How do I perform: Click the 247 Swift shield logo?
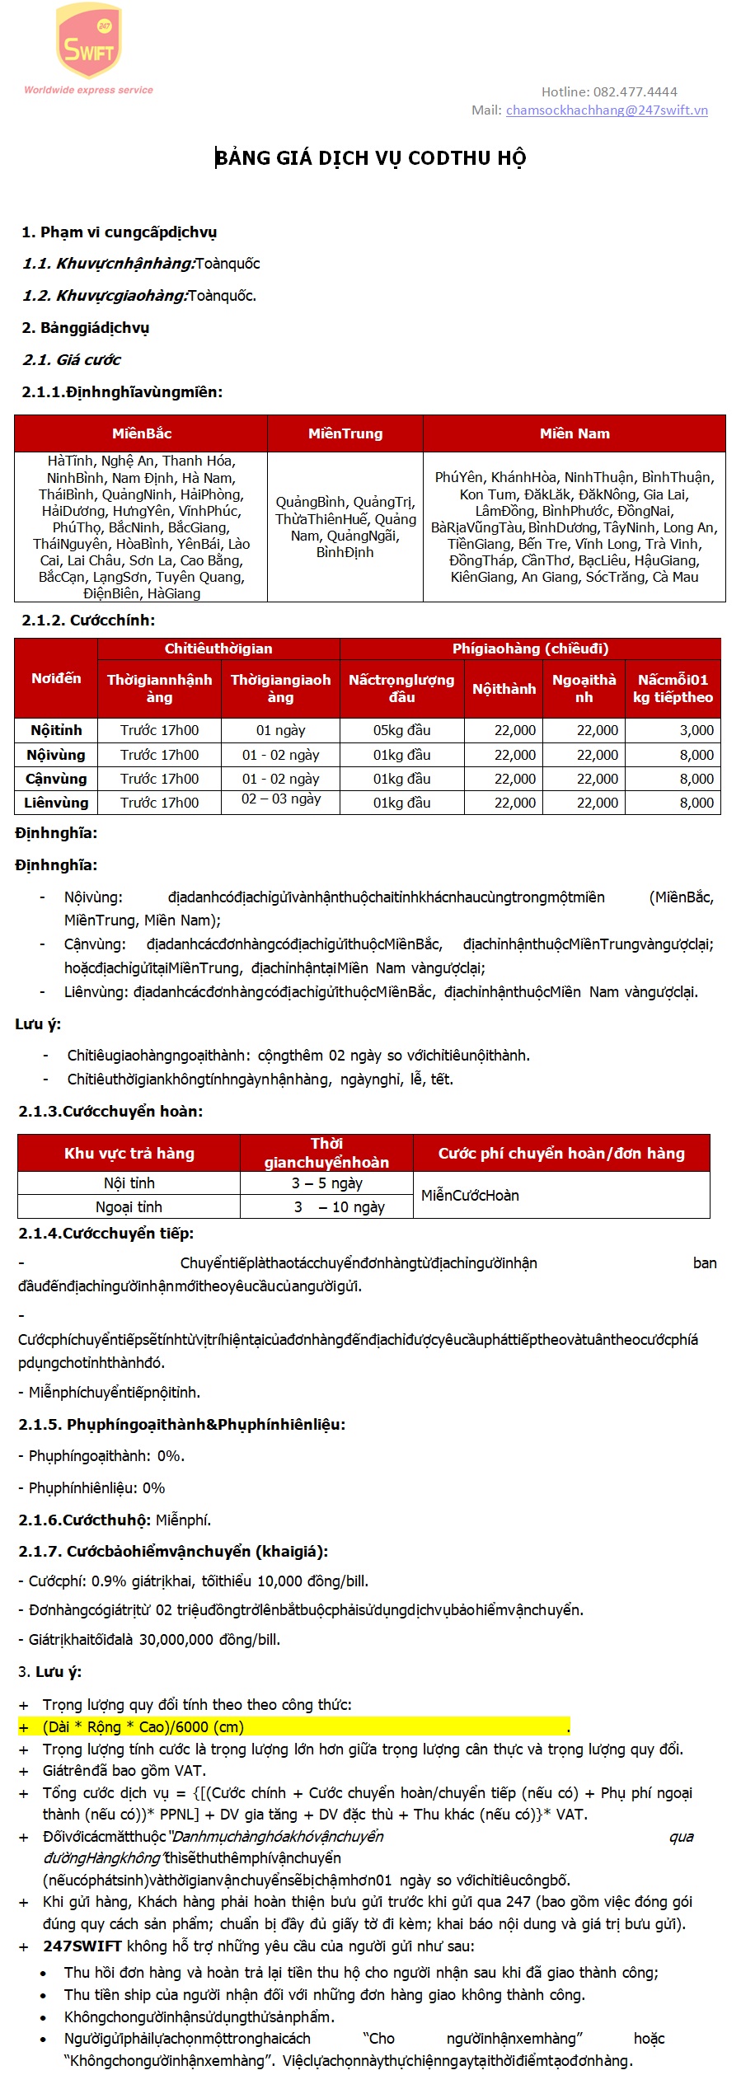[88, 41]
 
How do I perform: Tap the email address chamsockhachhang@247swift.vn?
[607, 110]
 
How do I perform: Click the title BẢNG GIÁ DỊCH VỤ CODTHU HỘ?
[370, 157]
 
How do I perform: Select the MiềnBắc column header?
[142, 433]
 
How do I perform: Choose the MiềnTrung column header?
[345, 433]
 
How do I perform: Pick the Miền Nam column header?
[575, 433]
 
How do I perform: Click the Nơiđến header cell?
[56, 678]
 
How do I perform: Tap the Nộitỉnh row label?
[56, 730]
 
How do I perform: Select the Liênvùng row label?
[56, 803]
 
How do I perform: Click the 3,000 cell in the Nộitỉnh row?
[696, 730]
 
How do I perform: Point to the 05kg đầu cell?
[401, 730]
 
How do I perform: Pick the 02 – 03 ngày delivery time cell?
[280, 799]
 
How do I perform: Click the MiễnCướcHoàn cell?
[470, 1195]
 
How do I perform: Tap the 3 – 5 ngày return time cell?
[326, 1183]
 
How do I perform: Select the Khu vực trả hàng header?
[129, 1153]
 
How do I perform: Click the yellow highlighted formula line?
[293, 1726]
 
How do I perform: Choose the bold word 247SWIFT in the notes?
[82, 1946]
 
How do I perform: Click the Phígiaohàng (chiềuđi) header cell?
[530, 649]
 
